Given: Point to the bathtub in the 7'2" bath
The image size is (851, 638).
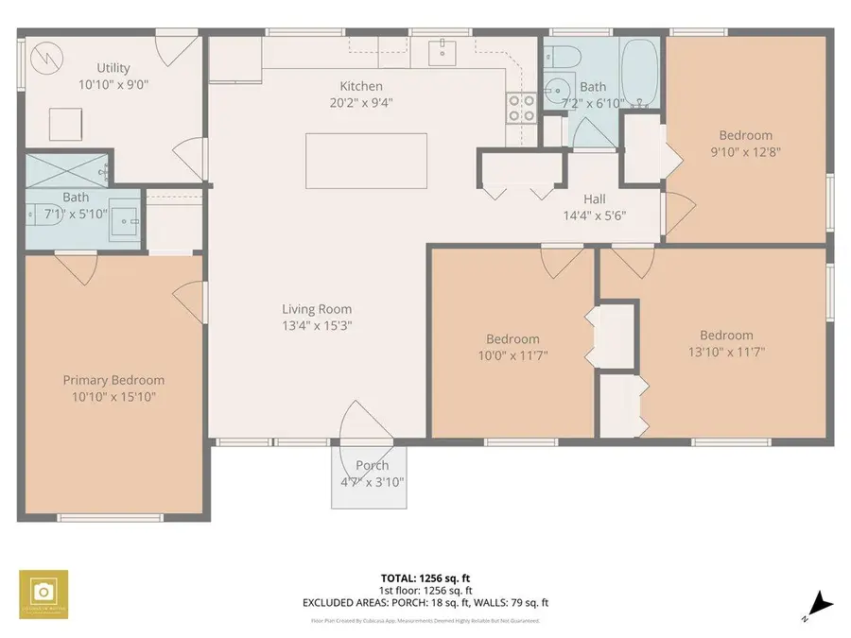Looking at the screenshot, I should [x=640, y=70].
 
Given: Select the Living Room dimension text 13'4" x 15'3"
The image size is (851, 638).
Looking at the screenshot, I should [x=317, y=326].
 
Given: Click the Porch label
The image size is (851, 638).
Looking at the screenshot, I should [x=372, y=466].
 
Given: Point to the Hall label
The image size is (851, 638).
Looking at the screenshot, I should [x=594, y=198].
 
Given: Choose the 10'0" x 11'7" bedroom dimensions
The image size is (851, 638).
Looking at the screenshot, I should [x=513, y=355].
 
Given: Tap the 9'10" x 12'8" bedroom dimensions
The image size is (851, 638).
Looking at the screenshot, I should [x=745, y=151].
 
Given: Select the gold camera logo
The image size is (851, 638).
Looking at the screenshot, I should [x=43, y=592].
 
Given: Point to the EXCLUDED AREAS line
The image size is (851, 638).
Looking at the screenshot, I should [x=425, y=602].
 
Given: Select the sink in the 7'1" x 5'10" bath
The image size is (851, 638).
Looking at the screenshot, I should [x=123, y=220].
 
